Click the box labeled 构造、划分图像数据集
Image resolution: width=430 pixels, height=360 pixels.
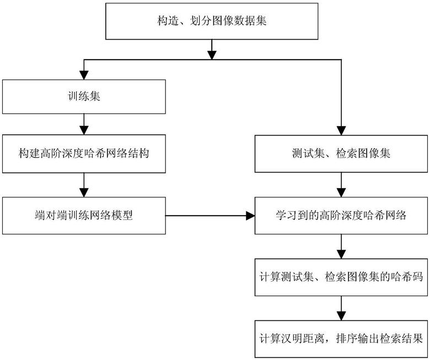point(212,22)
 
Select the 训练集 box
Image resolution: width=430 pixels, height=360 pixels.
point(84,96)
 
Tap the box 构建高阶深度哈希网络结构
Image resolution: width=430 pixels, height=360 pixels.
point(84,154)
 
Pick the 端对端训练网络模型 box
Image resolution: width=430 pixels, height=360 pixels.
point(84,216)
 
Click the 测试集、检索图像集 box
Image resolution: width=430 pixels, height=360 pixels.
point(341,154)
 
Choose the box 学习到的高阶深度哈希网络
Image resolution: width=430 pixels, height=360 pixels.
point(341,216)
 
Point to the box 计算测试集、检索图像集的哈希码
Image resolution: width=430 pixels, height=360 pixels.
point(341,277)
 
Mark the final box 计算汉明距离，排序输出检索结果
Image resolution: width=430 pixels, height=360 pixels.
point(341,339)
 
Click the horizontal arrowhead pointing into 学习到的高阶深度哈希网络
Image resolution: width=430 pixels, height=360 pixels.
point(250,216)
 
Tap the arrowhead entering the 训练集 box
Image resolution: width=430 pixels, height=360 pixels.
point(84,75)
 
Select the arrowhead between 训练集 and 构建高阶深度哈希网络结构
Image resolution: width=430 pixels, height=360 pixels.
point(84,130)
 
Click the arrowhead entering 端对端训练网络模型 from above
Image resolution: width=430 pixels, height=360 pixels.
point(84,192)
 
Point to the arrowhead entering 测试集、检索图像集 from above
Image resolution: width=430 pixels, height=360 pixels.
point(341,131)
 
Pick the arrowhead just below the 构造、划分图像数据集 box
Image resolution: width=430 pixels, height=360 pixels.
point(212,55)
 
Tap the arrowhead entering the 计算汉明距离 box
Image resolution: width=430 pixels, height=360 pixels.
point(341,316)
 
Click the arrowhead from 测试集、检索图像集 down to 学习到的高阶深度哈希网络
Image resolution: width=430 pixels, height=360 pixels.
point(341,192)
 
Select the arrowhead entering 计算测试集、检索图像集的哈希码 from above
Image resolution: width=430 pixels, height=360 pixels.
point(341,254)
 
